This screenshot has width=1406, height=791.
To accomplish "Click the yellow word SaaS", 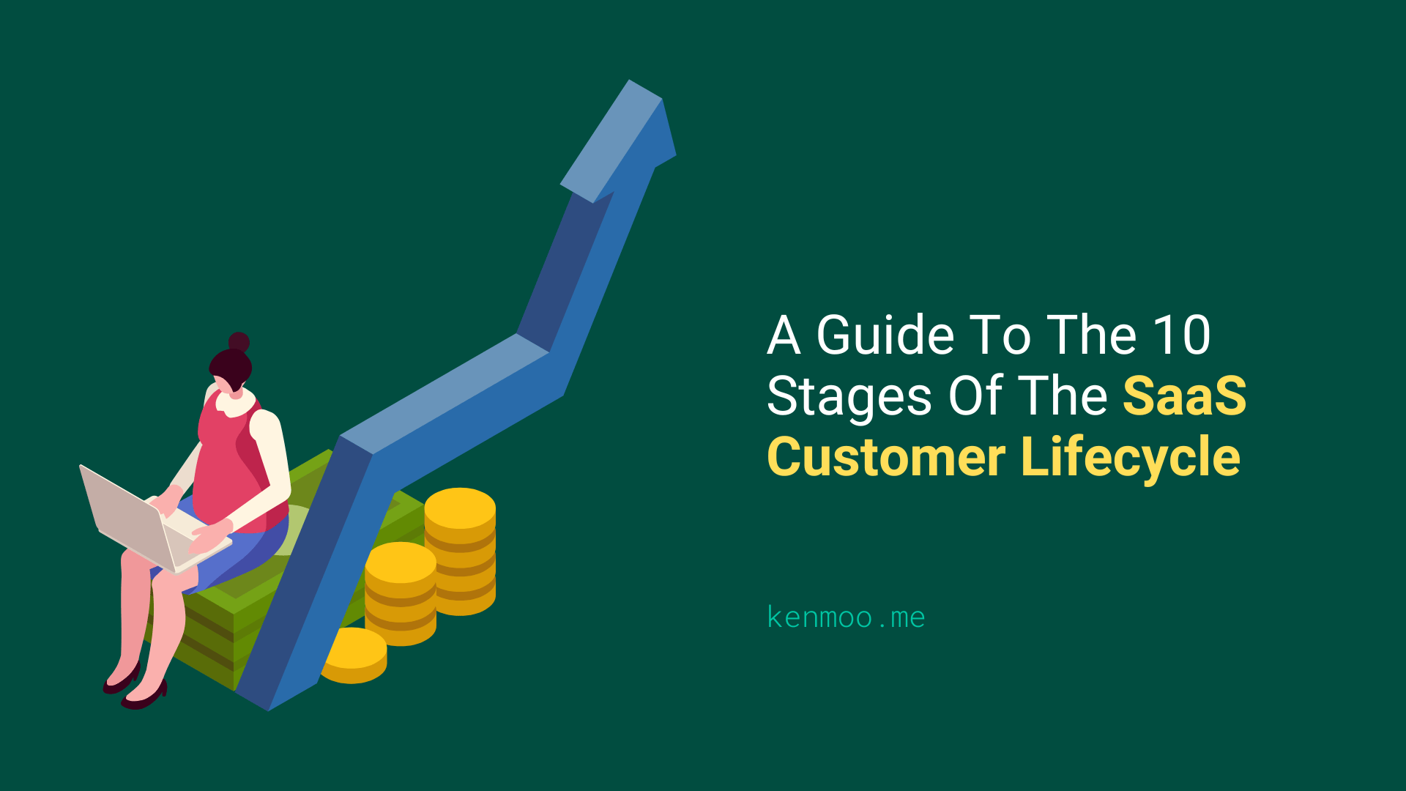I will click(x=1184, y=396).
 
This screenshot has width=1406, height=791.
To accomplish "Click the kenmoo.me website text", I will click(x=846, y=617).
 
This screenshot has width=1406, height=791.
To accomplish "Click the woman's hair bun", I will click(x=239, y=342).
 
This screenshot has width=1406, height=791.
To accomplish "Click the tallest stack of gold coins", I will click(x=460, y=549).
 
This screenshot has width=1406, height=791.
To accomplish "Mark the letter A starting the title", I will click(x=783, y=335).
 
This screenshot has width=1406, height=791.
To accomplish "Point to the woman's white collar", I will click(x=237, y=403).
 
